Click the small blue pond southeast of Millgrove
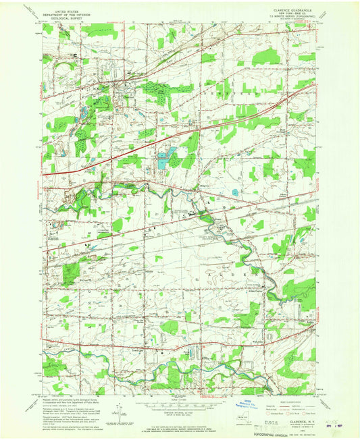[235, 193]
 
